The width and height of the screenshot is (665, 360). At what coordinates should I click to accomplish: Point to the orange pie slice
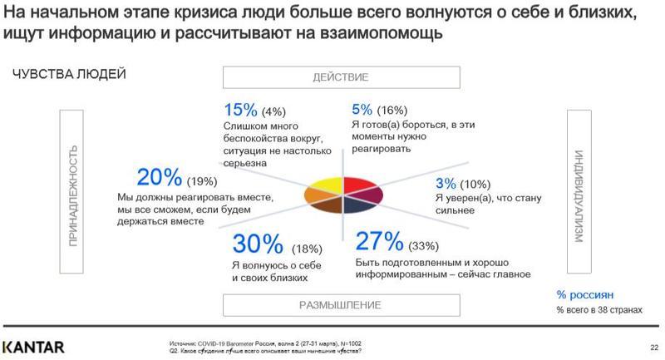[x=315, y=195]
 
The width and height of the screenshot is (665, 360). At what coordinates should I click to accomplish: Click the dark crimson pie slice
[x=367, y=195]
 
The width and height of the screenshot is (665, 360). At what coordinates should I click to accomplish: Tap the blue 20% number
[x=158, y=177]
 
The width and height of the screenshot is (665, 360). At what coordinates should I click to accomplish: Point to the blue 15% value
[x=240, y=110]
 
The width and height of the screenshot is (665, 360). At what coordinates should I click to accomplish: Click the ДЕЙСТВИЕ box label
[x=340, y=77]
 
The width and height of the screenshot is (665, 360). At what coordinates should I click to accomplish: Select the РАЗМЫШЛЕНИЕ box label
[x=340, y=305]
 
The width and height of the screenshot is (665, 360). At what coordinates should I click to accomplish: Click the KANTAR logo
[x=33, y=346]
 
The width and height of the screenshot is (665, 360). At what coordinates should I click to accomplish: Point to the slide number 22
[x=653, y=348]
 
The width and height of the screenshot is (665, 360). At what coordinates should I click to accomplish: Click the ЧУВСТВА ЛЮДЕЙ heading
[x=69, y=75]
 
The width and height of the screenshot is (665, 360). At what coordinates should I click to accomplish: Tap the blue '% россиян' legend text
[x=585, y=294]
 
